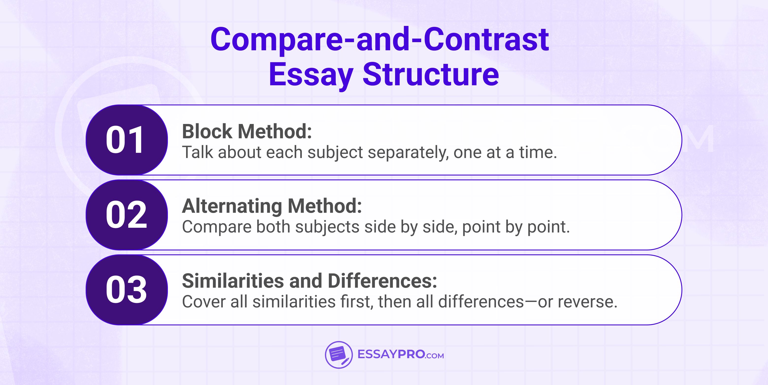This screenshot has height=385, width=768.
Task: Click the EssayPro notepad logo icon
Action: click(x=338, y=355)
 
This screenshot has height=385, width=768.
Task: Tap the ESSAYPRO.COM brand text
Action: click(x=400, y=355)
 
